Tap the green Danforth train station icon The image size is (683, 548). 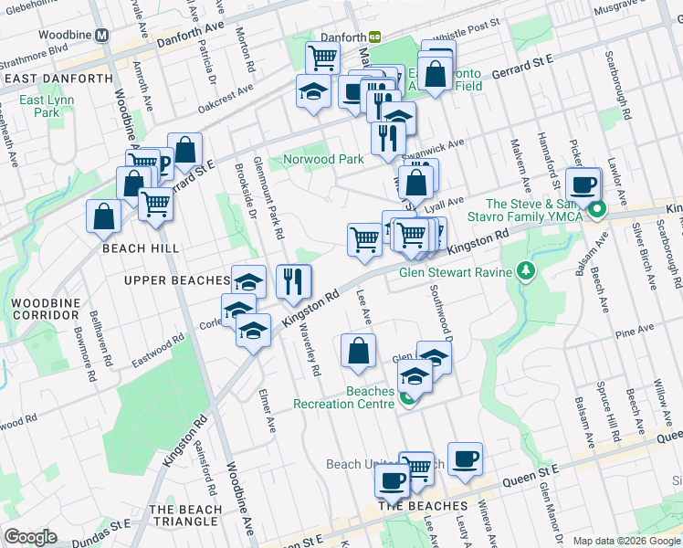click(374, 37)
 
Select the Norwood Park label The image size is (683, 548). click(322, 159)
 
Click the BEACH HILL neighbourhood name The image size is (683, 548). click(140, 248)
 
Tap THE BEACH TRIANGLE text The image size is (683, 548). click(185, 515)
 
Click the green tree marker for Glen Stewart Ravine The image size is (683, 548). click(525, 270)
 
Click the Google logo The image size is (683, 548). click(30, 537)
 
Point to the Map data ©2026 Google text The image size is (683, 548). click(625, 541)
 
